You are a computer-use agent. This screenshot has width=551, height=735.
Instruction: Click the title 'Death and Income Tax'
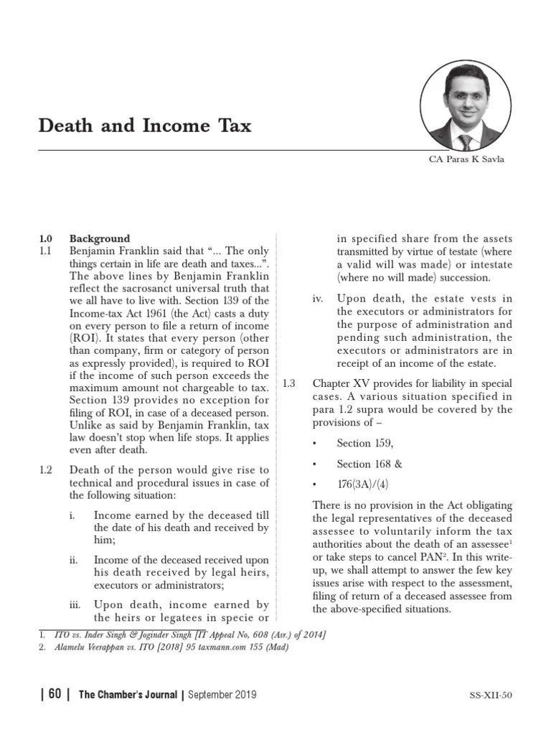tap(145, 127)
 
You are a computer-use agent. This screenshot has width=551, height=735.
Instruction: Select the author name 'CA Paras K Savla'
tap(466, 159)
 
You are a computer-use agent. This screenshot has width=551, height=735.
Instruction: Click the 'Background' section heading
tap(100, 238)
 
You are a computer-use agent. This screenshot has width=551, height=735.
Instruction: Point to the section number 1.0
tap(47, 238)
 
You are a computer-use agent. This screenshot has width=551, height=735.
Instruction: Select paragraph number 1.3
tap(289, 383)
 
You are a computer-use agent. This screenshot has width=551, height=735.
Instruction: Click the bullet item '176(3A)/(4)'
tap(365, 484)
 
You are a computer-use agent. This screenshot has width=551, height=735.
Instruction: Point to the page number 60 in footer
tap(55, 694)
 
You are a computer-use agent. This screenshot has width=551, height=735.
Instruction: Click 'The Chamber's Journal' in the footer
tap(128, 694)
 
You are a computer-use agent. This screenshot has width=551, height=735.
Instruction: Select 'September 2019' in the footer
tap(222, 694)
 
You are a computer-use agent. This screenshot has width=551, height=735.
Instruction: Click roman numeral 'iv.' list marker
tap(319, 299)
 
